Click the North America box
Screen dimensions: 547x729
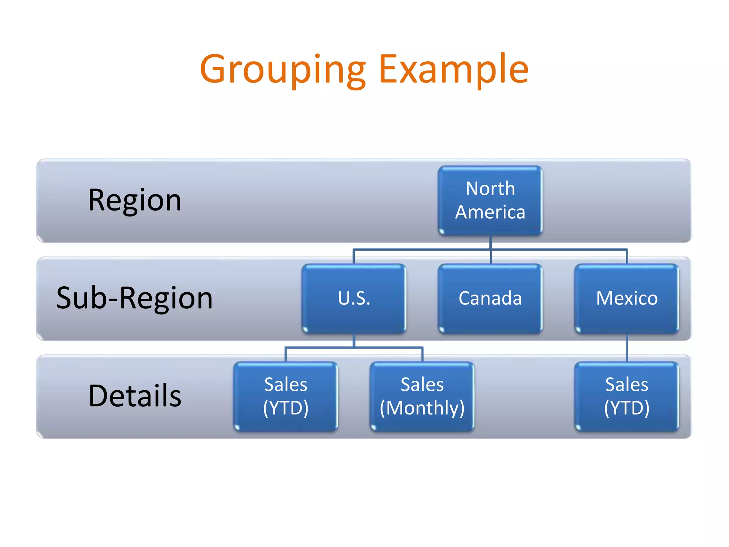(490, 200)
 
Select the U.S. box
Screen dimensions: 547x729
(354, 298)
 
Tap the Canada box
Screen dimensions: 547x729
(490, 298)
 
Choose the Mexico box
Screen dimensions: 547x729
(627, 298)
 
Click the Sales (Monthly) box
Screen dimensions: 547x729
(422, 396)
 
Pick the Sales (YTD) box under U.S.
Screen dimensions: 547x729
(285, 396)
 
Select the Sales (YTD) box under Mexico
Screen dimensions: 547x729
(627, 396)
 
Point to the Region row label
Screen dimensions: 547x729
(135, 200)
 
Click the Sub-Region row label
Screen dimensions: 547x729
(135, 298)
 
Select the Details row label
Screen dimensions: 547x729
(135, 396)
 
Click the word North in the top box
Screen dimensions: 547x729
(490, 188)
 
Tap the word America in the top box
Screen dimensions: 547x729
(490, 212)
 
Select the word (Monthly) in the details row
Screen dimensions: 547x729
(422, 408)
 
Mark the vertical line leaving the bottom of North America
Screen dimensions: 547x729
(491, 242)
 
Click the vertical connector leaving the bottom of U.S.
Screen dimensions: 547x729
(354, 340)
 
